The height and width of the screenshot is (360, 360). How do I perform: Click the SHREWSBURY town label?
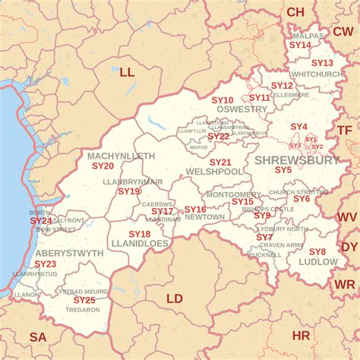point(296,160)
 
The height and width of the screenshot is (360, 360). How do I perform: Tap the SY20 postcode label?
point(103,166)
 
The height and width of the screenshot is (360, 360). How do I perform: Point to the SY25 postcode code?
point(84,300)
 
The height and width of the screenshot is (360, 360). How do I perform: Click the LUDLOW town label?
point(318,261)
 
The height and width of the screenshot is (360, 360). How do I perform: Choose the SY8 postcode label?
point(317,251)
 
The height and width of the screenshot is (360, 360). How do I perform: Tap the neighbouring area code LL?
point(126,72)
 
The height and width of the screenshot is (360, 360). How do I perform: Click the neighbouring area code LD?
point(175,298)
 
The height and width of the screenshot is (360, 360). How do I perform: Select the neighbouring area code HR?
point(301,335)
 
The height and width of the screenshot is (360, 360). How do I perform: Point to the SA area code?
point(37,336)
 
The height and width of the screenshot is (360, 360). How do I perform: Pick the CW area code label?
point(343,31)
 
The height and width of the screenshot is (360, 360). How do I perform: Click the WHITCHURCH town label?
point(316,74)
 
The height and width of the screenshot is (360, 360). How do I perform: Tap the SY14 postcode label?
point(301,46)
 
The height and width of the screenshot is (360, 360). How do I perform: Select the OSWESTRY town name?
point(242,109)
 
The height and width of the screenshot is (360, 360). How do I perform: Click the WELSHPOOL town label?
point(215,172)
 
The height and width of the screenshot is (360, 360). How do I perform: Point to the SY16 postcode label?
point(195,210)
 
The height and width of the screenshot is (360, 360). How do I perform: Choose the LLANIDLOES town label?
point(139,244)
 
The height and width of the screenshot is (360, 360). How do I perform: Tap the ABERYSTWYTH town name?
point(69,253)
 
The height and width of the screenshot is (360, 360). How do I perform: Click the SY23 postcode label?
point(45,264)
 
